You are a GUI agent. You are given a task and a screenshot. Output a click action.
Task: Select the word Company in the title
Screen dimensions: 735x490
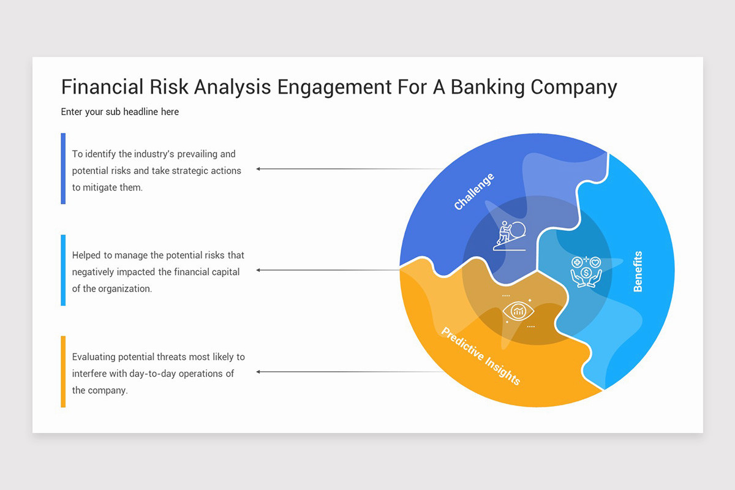573,87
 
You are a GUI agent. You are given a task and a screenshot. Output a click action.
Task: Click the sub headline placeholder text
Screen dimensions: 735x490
120,112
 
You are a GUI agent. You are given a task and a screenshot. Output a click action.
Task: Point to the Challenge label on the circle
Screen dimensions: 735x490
473,192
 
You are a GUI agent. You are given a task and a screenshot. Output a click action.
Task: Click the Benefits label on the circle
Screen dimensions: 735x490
638,271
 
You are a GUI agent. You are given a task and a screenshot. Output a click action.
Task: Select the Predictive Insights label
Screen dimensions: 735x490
481,356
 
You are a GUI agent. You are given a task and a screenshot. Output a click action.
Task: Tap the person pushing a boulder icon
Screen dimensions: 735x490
510,236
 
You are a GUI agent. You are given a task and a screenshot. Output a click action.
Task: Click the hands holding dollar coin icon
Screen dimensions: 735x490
586,271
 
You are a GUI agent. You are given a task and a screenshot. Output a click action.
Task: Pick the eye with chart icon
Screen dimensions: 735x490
518,311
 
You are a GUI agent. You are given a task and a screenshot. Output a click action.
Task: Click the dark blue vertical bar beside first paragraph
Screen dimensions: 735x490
63,168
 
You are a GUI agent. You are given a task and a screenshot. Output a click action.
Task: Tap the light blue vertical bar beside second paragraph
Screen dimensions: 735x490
63,270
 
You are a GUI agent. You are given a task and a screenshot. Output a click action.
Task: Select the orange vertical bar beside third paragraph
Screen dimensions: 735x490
63,372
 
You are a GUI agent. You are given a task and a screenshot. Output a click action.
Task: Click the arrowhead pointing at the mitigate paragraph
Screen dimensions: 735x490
259,168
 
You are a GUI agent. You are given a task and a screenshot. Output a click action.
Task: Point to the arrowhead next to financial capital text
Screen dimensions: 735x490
259,270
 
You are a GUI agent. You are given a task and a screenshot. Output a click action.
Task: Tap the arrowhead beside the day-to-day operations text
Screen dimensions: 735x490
259,372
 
